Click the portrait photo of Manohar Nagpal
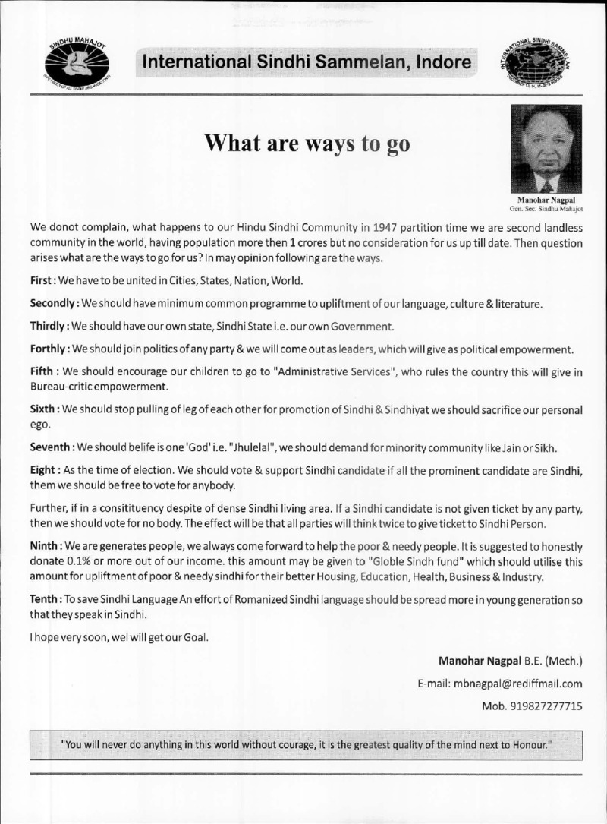pos(546,149)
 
